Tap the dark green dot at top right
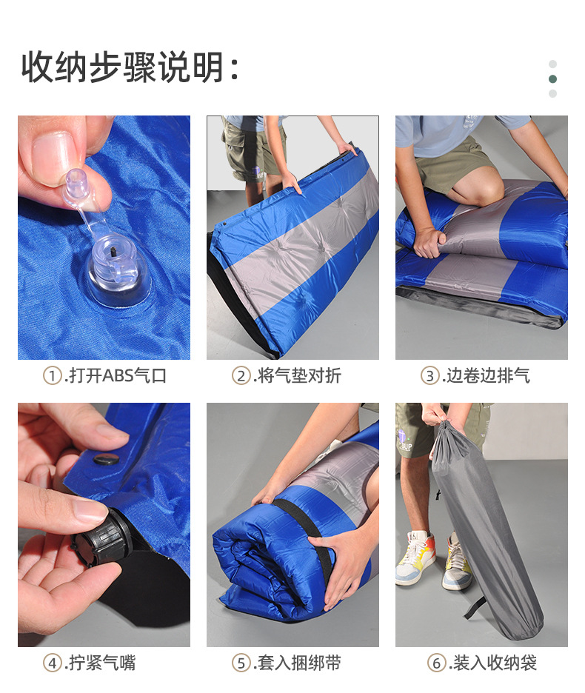(552, 79)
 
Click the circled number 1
(52, 376)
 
